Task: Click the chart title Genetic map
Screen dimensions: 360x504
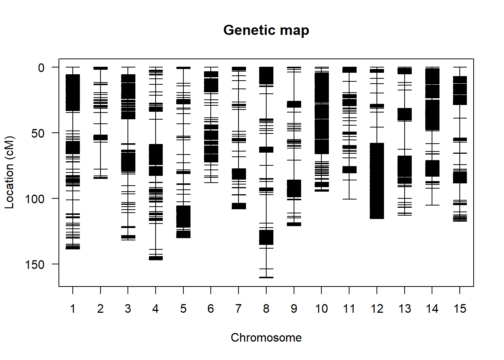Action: coord(266,30)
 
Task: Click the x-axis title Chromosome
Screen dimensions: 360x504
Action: coord(266,337)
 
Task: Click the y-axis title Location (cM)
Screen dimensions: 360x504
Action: coord(9,172)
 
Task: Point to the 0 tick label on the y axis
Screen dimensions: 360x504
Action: coord(41,68)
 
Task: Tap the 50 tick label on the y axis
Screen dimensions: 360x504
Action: coord(38,133)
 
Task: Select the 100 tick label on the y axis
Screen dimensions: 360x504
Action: coord(35,199)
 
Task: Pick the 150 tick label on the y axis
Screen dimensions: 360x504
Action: coord(35,265)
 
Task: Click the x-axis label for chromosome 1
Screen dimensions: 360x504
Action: coord(73,309)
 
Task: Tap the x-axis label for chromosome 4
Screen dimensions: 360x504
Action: coord(156,309)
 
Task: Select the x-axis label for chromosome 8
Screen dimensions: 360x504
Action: coord(266,309)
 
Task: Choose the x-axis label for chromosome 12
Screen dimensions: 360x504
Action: coord(377,309)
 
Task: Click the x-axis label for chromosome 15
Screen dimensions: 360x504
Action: coord(460,309)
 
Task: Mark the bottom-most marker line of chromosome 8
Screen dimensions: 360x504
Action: coord(266,277)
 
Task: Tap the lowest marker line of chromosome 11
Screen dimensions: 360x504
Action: coord(349,199)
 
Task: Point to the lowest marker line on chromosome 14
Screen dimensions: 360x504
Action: coord(432,205)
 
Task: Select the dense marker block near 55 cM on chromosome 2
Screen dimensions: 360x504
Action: coord(100,138)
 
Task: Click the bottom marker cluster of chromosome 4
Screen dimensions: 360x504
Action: coord(156,258)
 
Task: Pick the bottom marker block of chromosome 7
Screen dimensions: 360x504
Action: coord(238,206)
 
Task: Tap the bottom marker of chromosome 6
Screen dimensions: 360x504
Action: coord(211,183)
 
